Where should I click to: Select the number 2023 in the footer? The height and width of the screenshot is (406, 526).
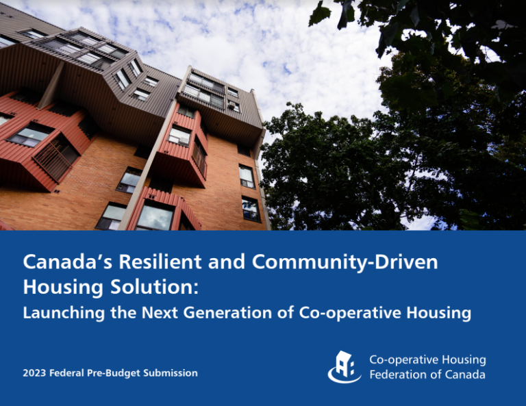tap(34, 373)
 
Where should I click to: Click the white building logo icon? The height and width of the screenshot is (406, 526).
tap(345, 366)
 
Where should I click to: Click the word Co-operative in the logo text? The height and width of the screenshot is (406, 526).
tap(400, 359)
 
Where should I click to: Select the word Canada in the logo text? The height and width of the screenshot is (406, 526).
tap(465, 375)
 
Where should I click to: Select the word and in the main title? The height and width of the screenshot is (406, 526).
tap(221, 262)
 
